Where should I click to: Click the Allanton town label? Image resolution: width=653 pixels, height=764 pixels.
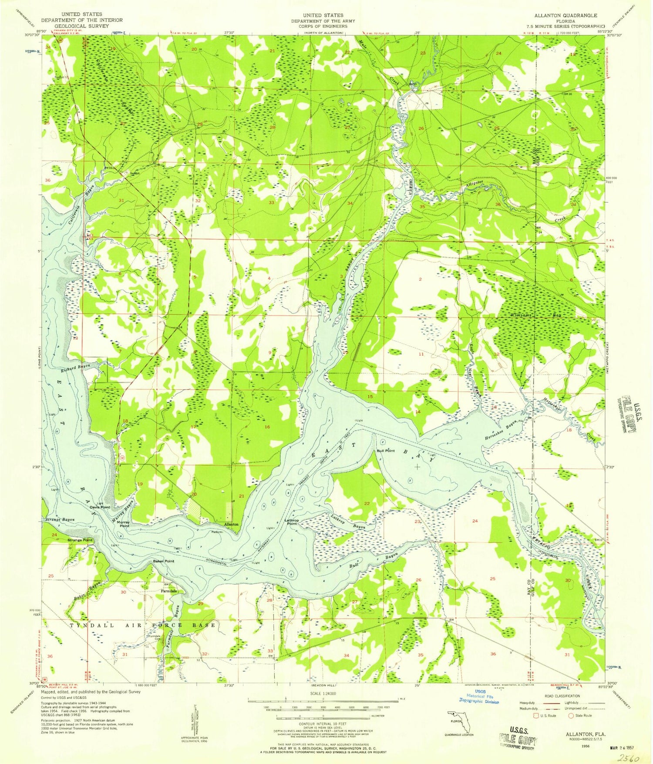(231, 524)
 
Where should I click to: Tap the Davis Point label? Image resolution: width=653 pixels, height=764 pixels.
(100, 507)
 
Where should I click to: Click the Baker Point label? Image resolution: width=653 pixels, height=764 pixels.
(163, 561)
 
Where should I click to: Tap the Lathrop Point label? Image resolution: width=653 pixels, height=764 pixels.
(292, 522)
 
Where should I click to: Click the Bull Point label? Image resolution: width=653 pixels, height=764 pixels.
(385, 451)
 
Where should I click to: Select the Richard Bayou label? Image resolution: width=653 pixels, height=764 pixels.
(75, 368)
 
